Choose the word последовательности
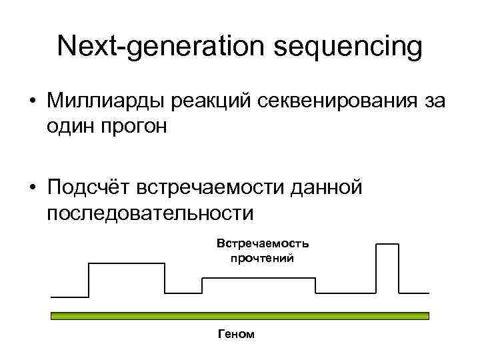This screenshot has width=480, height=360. (x=151, y=213)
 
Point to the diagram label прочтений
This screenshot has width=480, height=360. (x=262, y=257)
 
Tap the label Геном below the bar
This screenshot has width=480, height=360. (x=236, y=333)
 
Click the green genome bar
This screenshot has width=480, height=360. (x=240, y=315)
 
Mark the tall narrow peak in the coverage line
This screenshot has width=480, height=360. (x=385, y=245)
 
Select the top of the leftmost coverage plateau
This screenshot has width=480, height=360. (x=127, y=264)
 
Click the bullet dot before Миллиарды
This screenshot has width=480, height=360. (x=32, y=102)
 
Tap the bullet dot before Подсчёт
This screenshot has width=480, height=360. (x=32, y=189)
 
